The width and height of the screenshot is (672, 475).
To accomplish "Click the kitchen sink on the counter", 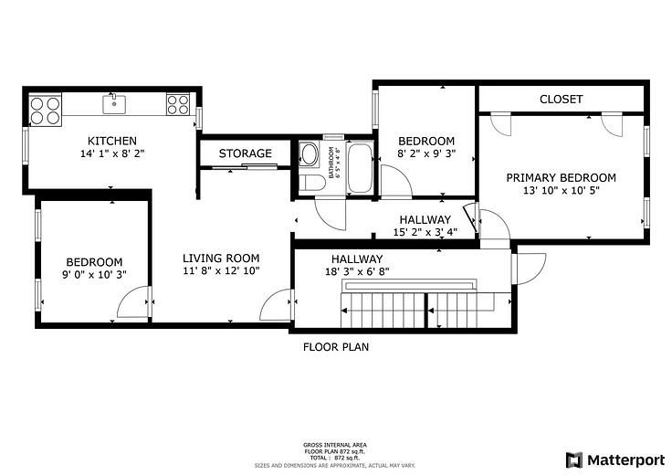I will click(x=114, y=104).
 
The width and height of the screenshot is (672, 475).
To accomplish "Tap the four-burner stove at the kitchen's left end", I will click(x=46, y=110).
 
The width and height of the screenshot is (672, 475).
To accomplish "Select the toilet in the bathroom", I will click(x=311, y=184).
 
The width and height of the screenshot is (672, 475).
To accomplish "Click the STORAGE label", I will click(x=245, y=153).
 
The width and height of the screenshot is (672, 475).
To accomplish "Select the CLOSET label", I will click(x=561, y=99).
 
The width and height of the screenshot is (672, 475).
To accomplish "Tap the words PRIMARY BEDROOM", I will click(x=561, y=177).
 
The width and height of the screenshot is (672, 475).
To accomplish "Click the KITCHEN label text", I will click(x=112, y=141).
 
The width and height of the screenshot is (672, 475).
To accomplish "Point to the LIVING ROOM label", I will click(x=221, y=258).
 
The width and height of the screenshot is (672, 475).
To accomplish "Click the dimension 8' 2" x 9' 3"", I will click(x=426, y=154).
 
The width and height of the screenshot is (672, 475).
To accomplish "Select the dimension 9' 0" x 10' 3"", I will click(x=93, y=274).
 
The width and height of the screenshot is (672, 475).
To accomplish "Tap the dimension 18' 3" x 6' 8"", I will click(x=357, y=271).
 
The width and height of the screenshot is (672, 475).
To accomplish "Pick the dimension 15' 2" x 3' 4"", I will click(x=425, y=232).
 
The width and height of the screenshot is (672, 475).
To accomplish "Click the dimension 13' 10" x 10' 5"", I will click(x=561, y=191).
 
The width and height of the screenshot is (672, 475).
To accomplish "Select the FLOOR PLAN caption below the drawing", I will click(x=335, y=347).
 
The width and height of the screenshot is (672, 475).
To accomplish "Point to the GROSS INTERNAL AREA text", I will click(x=335, y=445).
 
